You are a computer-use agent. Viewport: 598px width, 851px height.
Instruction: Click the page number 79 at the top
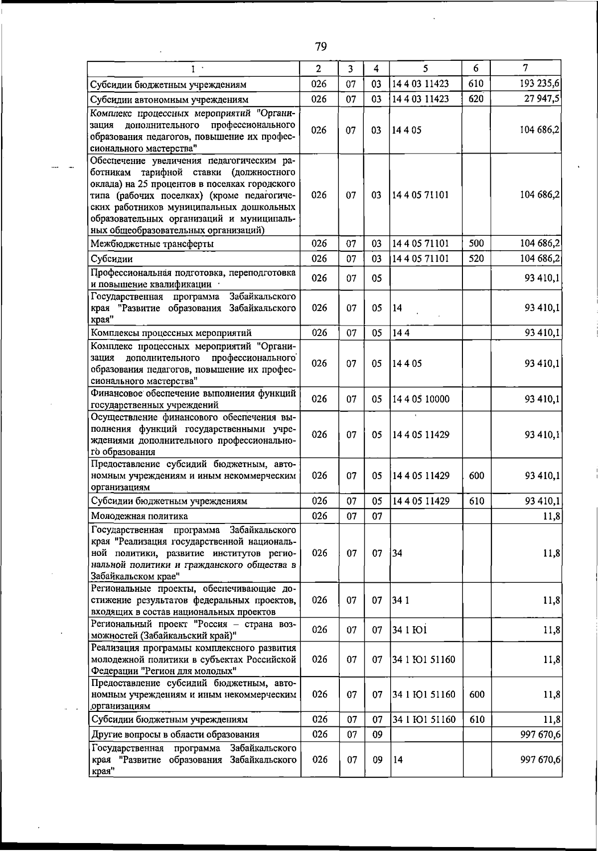pos(320,47)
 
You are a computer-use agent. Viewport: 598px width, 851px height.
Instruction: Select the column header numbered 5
pos(426,69)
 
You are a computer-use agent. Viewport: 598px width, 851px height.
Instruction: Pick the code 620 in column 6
pos(476,99)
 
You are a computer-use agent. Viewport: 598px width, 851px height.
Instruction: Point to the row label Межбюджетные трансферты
pos(152,244)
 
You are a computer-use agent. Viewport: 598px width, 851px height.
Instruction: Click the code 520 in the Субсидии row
pos(476,258)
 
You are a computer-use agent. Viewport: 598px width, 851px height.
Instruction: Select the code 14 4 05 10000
pos(421,399)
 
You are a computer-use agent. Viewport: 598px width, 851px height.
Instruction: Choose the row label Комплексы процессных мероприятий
pos(171,333)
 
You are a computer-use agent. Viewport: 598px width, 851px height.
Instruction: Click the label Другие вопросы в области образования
pos(175,734)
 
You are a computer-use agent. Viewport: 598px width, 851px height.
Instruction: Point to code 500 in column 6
pos(476,243)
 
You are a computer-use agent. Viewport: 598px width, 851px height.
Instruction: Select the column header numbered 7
pos(525,68)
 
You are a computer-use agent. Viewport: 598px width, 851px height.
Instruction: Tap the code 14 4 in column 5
pos(401,333)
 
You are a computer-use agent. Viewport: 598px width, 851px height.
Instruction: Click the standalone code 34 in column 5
pos(397,553)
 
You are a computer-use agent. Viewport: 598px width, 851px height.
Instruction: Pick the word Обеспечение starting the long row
pos(119,161)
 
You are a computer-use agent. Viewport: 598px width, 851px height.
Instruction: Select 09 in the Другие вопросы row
pos(377,734)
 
